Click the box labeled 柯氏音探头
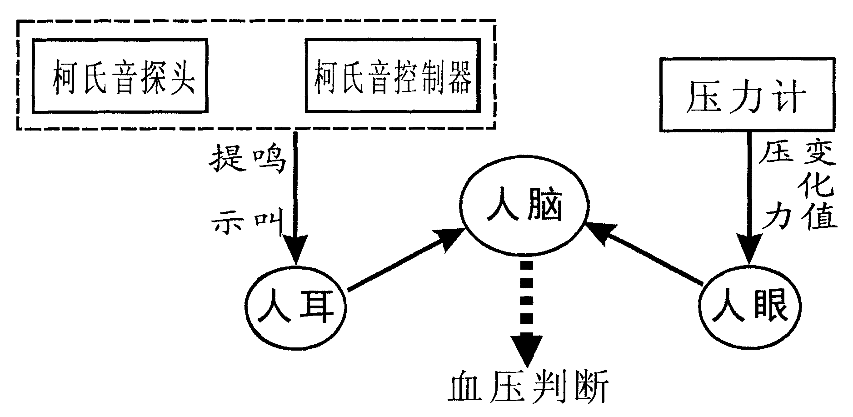tap(120, 76)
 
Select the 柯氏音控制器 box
tap(393, 76)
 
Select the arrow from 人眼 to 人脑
tap(645, 255)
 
